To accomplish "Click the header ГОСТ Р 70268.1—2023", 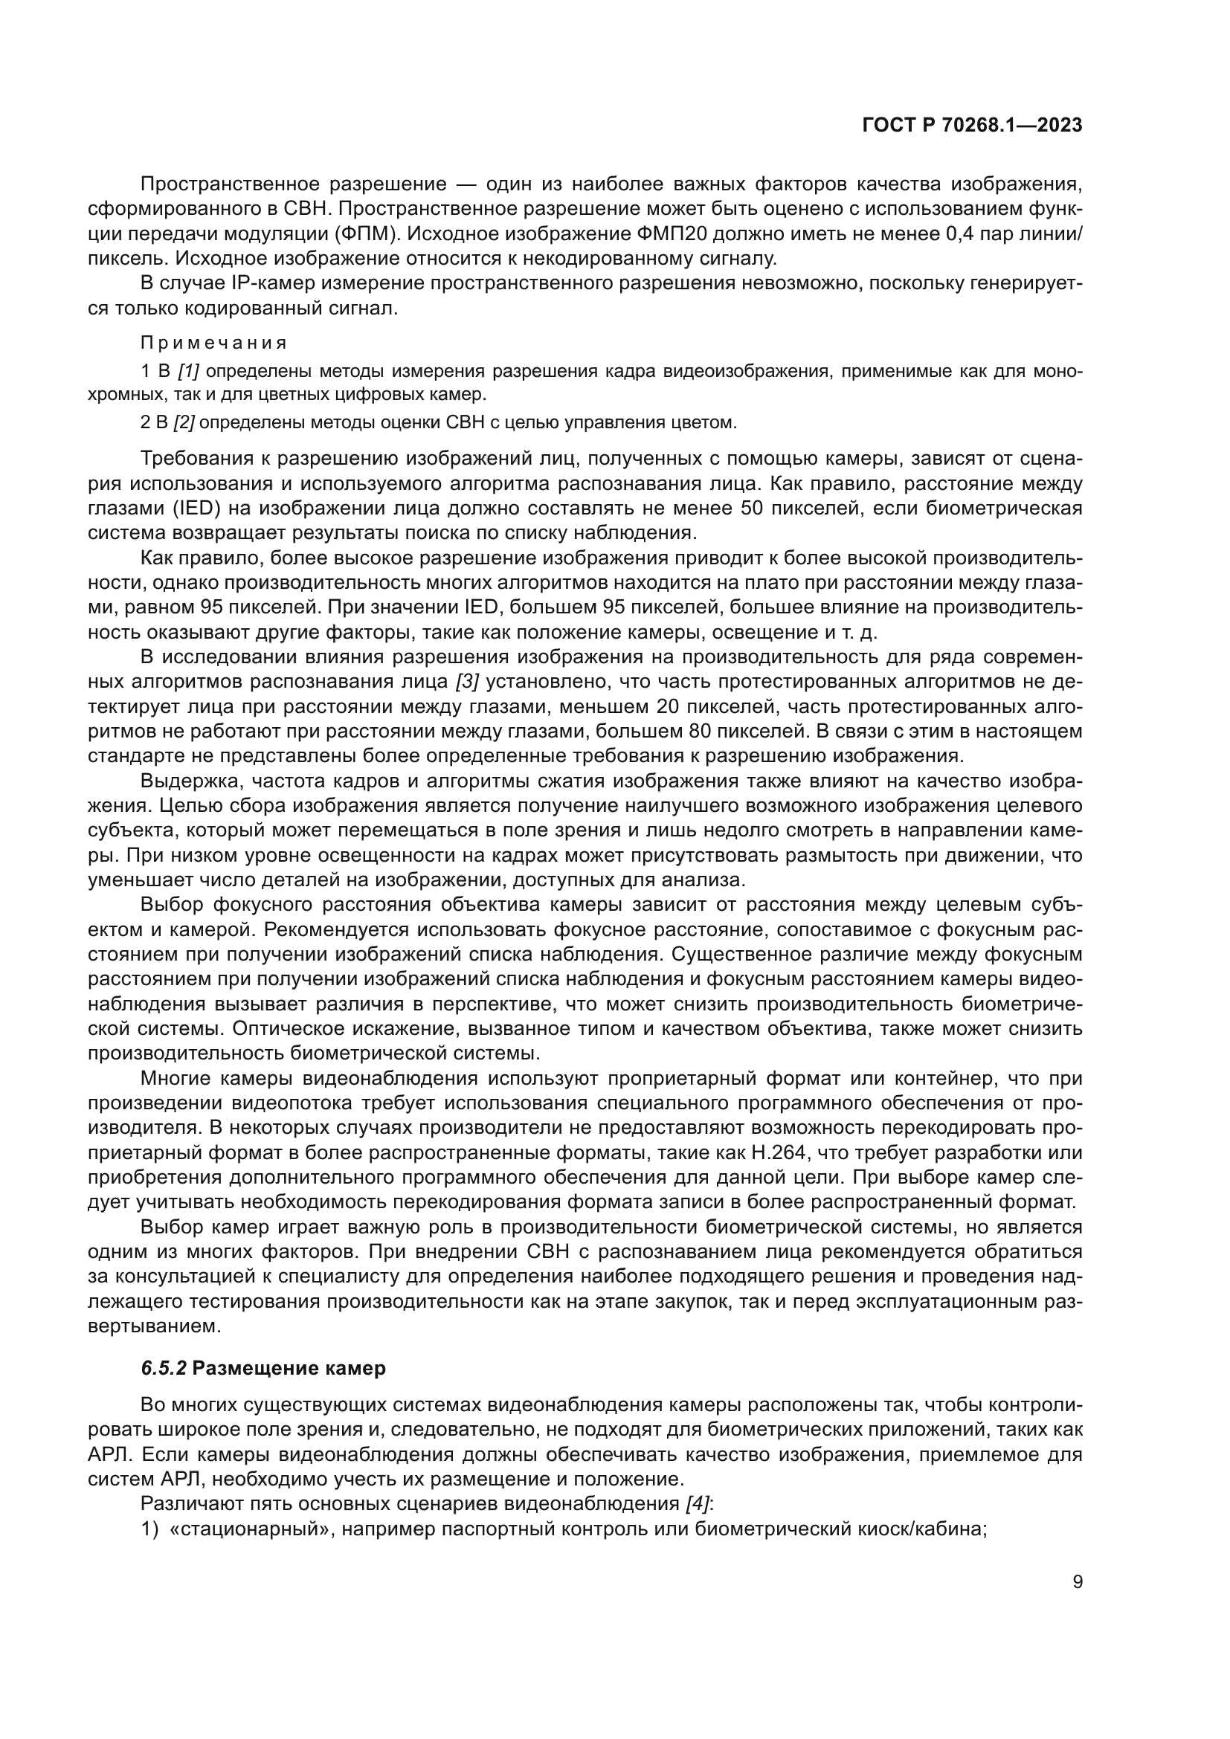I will (x=972, y=126).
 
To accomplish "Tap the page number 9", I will (x=1078, y=1581).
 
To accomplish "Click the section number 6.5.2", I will (x=164, y=1368).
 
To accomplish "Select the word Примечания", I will (x=213, y=343).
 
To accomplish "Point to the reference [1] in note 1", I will (x=189, y=371).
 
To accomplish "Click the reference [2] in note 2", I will (x=184, y=422).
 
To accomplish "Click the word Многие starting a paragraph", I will (x=178, y=1078).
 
